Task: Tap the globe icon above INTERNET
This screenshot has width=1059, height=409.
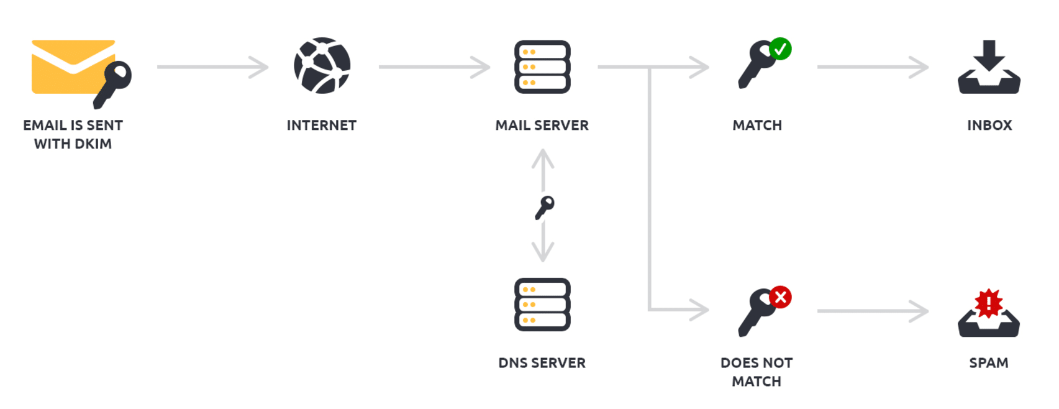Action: (x=322, y=66)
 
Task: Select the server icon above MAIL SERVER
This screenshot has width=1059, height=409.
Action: (x=542, y=67)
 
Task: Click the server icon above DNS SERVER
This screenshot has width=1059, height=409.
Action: (x=542, y=305)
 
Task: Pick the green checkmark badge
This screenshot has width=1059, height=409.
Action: (x=780, y=49)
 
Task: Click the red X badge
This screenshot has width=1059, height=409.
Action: (x=780, y=298)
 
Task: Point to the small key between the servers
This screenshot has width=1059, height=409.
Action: (x=544, y=208)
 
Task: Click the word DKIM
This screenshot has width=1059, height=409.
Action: (x=91, y=144)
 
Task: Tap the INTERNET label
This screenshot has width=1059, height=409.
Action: (x=321, y=126)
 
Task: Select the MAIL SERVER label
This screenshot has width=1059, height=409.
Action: (x=542, y=126)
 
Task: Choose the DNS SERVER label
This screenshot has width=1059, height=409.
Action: (x=542, y=363)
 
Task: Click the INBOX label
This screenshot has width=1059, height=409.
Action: (x=989, y=126)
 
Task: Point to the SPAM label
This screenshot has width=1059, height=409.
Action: (x=988, y=363)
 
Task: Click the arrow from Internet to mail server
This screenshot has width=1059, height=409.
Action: (x=434, y=67)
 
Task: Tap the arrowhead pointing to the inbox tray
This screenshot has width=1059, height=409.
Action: (x=919, y=67)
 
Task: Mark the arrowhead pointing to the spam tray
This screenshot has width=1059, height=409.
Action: (x=919, y=311)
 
